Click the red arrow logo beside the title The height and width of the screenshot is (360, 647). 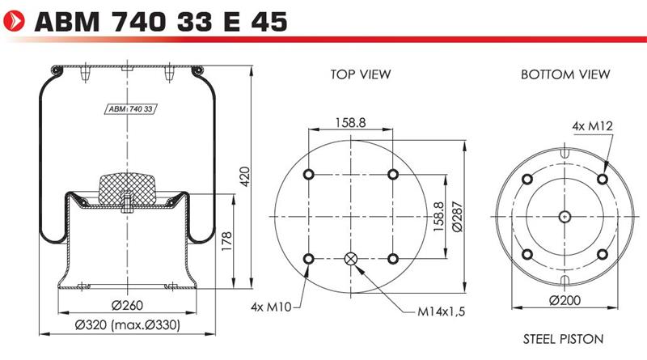(x=14, y=21)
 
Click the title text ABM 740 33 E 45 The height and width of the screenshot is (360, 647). (x=161, y=22)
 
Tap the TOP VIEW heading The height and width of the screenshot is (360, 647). (x=360, y=74)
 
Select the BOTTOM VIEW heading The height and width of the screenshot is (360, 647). (x=565, y=74)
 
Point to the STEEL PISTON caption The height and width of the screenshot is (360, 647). (x=563, y=339)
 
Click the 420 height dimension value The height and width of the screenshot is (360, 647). (x=245, y=176)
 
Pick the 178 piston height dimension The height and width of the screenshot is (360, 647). (x=226, y=242)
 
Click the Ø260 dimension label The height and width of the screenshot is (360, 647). (x=127, y=305)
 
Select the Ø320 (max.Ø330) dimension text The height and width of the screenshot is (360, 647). (x=127, y=325)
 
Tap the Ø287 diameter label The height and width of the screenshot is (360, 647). (x=457, y=216)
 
